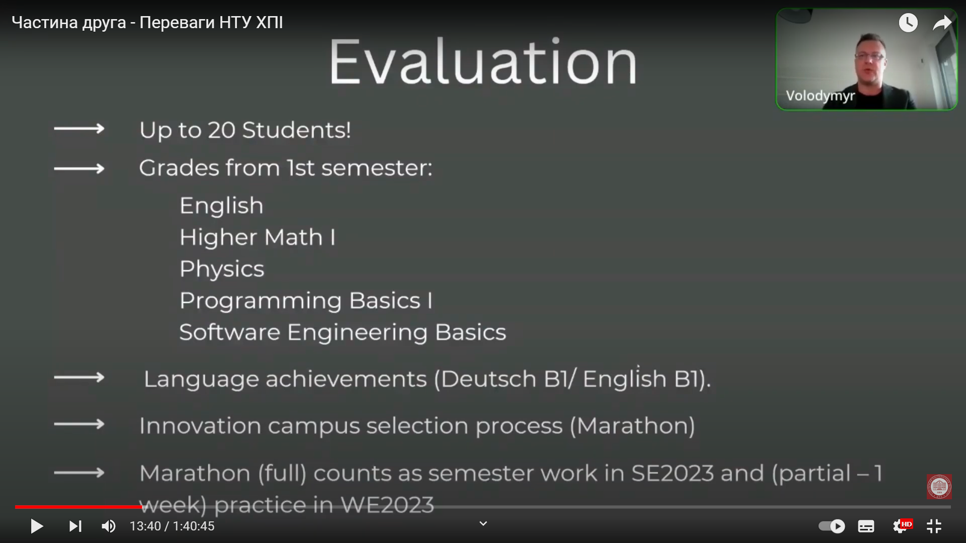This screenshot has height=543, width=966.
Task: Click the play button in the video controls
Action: pyautogui.click(x=37, y=526)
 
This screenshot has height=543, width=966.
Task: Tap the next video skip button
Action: pyautogui.click(x=75, y=526)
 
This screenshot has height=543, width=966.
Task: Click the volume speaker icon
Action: pyautogui.click(x=109, y=526)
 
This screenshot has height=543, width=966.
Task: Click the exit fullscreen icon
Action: pyautogui.click(x=934, y=526)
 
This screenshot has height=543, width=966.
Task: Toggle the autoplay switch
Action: pyautogui.click(x=832, y=526)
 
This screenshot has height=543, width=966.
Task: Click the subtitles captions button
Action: pyautogui.click(x=866, y=526)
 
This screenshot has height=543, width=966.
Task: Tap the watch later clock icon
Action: pyautogui.click(x=908, y=23)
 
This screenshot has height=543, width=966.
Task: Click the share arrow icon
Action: pyautogui.click(x=942, y=23)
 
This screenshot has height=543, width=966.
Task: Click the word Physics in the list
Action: pyautogui.click(x=222, y=269)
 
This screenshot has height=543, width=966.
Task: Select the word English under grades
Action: pyautogui.click(x=221, y=206)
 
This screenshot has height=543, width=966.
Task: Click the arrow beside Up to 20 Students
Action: pyautogui.click(x=79, y=129)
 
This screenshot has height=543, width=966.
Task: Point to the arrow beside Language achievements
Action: pyautogui.click(x=79, y=378)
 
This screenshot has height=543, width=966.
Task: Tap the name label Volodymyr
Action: pyautogui.click(x=820, y=96)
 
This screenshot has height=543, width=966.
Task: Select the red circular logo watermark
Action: pyautogui.click(x=939, y=487)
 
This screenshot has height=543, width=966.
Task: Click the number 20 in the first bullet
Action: pyautogui.click(x=221, y=130)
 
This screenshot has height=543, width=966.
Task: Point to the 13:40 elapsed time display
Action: pyautogui.click(x=145, y=526)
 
